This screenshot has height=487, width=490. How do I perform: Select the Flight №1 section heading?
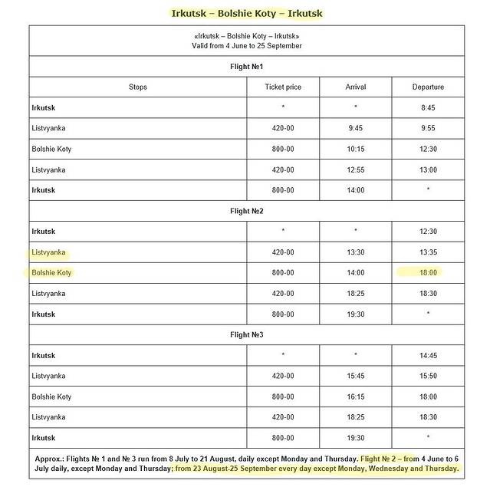pos(246,67)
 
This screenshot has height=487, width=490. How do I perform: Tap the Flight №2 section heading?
pos(246,211)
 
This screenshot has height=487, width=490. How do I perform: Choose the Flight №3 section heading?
pos(246,334)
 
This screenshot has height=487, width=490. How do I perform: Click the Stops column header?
pos(138,87)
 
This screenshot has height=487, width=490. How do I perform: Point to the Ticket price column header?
pos(283,87)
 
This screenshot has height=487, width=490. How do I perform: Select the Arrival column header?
pos(356,87)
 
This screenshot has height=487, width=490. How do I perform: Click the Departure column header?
pos(428,87)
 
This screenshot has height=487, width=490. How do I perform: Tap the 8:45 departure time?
pos(428,108)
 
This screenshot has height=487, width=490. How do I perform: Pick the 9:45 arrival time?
pos(356,129)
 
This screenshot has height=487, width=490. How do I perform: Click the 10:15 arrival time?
pos(356,150)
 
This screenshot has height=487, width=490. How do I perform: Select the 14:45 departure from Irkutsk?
pos(428,355)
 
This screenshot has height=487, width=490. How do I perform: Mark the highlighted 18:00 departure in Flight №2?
pos(428,272)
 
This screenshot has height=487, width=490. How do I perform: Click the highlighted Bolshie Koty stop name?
pos(51,272)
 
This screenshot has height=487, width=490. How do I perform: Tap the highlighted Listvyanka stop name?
pos(49,252)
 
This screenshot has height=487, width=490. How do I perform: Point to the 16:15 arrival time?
pos(356,397)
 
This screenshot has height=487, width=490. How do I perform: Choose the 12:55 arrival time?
pos(356,169)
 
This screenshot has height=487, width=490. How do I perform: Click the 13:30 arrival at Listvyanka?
pos(356,252)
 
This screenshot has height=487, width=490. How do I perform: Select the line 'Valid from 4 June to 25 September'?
pos(246,46)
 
